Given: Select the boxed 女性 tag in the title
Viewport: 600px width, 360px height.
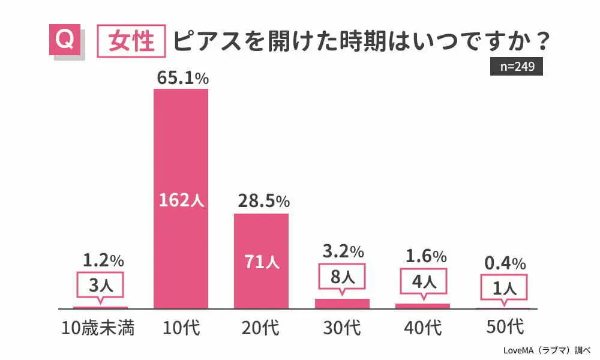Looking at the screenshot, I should pyautogui.click(x=131, y=41).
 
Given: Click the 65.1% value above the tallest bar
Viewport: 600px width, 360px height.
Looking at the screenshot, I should pyautogui.click(x=182, y=78).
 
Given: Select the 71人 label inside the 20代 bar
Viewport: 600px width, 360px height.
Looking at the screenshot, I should pyautogui.click(x=262, y=263).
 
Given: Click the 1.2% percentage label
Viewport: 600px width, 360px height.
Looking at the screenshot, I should pyautogui.click(x=103, y=260).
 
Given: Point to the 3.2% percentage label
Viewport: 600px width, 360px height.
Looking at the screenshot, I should pyautogui.click(x=342, y=251).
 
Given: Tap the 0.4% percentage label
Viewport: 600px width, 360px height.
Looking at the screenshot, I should pyautogui.click(x=504, y=263).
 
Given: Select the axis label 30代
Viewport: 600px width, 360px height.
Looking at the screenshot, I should pyautogui.click(x=342, y=328).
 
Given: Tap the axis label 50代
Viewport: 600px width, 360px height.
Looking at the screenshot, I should pyautogui.click(x=503, y=328).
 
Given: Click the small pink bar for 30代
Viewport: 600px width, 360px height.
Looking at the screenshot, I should pyautogui.click(x=342, y=303).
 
